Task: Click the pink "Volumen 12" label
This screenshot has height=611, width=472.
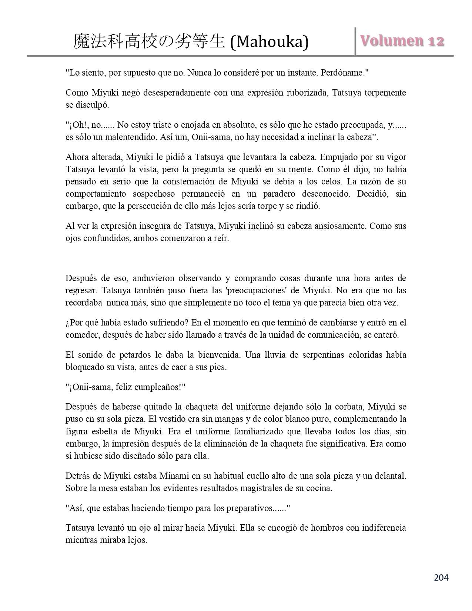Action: (x=402, y=41)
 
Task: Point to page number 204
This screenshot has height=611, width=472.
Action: (x=441, y=577)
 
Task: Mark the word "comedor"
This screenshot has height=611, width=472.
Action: (x=79, y=335)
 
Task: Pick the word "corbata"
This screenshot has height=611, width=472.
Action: (x=352, y=407)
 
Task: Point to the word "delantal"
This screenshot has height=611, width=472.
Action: (x=390, y=476)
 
